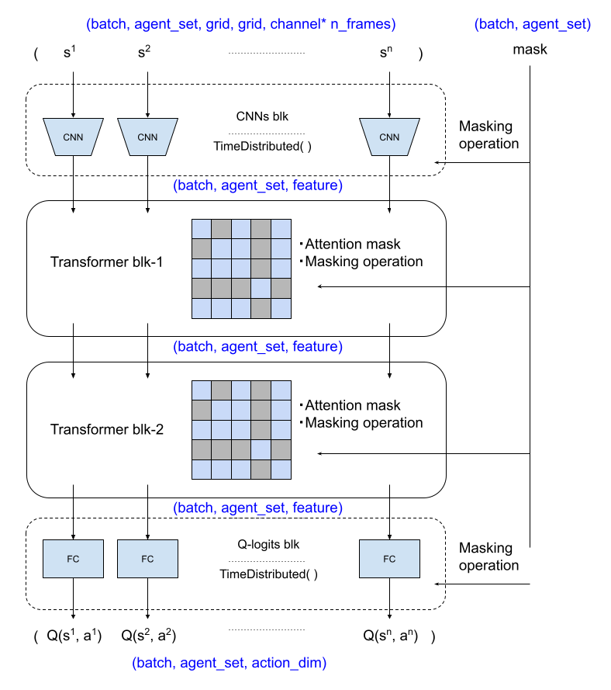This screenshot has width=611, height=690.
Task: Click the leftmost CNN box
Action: (73, 137)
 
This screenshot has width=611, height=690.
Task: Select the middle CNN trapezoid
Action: (147, 137)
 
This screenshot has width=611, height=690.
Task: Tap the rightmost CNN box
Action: (389, 137)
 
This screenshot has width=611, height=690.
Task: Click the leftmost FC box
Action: (73, 559)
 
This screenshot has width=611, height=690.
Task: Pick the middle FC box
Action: (147, 559)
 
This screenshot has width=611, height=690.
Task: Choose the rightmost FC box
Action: (389, 559)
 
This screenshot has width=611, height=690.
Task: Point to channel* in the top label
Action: (298, 25)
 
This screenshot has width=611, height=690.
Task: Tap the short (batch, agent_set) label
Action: (533, 25)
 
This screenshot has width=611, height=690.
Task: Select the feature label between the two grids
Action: (316, 347)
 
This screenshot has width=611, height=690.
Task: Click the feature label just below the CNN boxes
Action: (316, 186)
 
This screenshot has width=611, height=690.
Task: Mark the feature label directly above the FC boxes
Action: (316, 508)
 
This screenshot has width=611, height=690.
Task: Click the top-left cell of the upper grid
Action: (202, 229)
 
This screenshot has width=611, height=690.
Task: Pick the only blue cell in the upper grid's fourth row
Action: (261, 288)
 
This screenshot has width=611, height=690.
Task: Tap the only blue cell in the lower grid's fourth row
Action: (261, 449)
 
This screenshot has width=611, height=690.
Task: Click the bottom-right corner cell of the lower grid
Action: (281, 470)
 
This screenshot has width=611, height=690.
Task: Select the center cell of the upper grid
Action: (241, 269)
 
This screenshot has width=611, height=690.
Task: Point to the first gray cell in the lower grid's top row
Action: (222, 390)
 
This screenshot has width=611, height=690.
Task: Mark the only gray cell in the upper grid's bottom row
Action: (261, 308)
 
